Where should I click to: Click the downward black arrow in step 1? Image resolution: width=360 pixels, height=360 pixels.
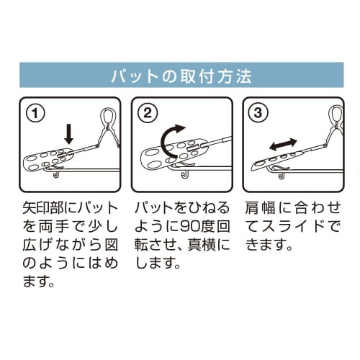tap(69, 132)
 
